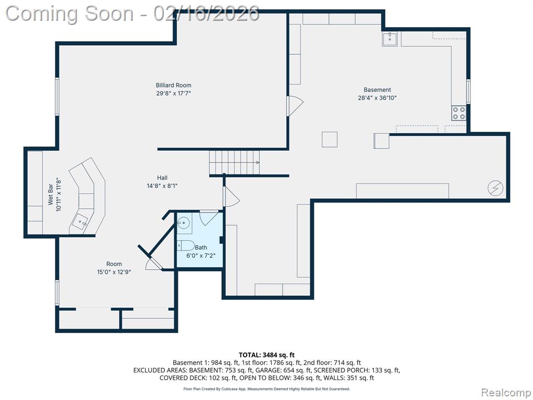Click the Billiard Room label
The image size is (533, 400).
pos(173,85)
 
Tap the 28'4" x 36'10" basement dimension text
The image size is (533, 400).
pos(377,98)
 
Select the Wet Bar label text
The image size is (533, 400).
pos(50,195)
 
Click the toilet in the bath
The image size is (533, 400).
pos(186,245)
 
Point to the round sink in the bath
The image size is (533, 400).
pos(183,223)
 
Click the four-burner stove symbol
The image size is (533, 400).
pos(459,113)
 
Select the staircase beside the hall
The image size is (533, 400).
pos(235,162)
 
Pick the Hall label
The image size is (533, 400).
pos(162,178)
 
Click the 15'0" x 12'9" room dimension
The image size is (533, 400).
pos(114,272)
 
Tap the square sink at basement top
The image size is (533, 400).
pos(389,39)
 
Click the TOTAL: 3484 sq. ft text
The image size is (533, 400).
pos(266,355)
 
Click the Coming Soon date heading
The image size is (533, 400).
pos(133,14)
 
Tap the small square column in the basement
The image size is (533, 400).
pos(329,140)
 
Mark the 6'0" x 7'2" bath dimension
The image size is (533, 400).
pos(201,255)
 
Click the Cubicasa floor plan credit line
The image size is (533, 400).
pos(266,389)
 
